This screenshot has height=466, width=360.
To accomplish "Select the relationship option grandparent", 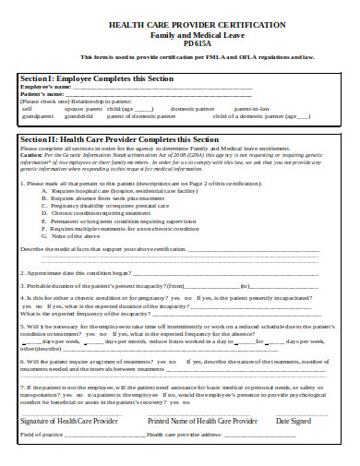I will point(38,117).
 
